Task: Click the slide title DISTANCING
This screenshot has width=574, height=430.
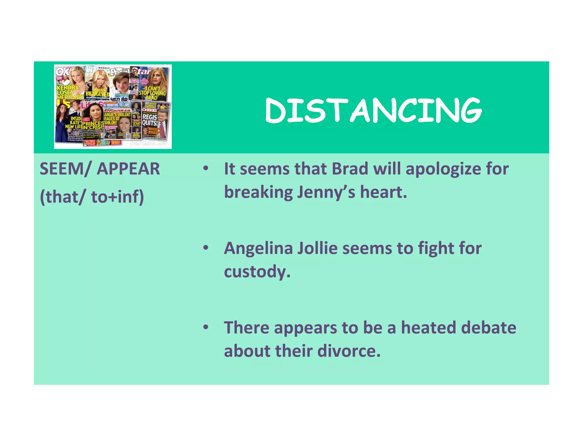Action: [x=373, y=111]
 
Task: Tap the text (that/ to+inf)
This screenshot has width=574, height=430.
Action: [x=92, y=197]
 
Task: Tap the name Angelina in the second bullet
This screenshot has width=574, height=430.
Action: [x=258, y=249]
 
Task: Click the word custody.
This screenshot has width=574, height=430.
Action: [x=257, y=272]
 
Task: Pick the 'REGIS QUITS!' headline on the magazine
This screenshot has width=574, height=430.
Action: [x=150, y=120]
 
